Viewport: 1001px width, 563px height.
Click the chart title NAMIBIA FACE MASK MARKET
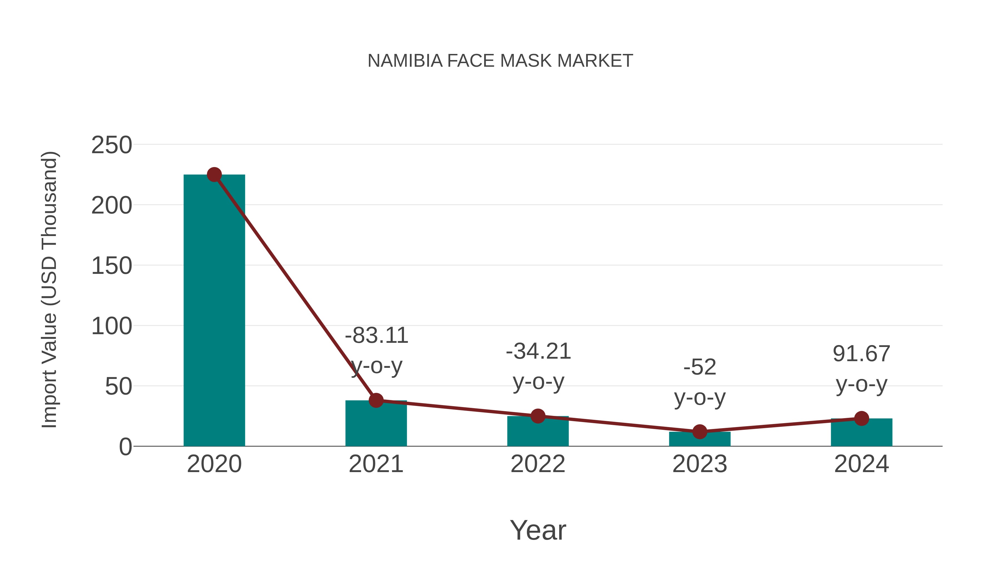[x=500, y=61]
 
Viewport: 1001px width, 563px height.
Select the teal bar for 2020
[x=214, y=311]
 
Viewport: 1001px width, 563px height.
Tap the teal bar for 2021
[x=376, y=425]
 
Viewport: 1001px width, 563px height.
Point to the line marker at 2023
[x=700, y=432]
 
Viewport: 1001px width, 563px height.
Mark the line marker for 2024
[x=861, y=418]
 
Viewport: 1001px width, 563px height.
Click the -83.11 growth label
[x=376, y=335]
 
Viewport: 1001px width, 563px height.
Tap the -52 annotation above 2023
[x=700, y=367]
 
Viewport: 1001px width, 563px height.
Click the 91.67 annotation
[x=861, y=354]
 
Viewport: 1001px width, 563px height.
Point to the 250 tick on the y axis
[x=112, y=145]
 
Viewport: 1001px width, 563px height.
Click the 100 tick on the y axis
[x=112, y=326]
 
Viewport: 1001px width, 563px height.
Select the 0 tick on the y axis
[x=125, y=447]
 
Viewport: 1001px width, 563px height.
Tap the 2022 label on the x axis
[x=538, y=464]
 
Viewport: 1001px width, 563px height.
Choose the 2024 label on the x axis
[x=861, y=464]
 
